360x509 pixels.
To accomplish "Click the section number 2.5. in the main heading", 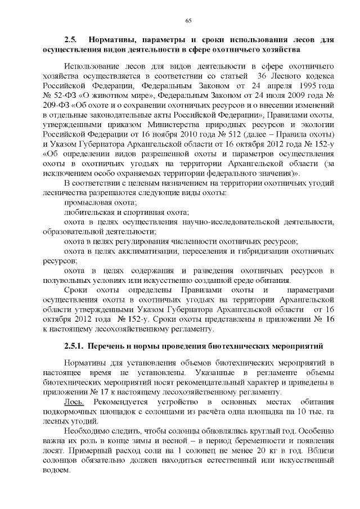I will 70,40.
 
